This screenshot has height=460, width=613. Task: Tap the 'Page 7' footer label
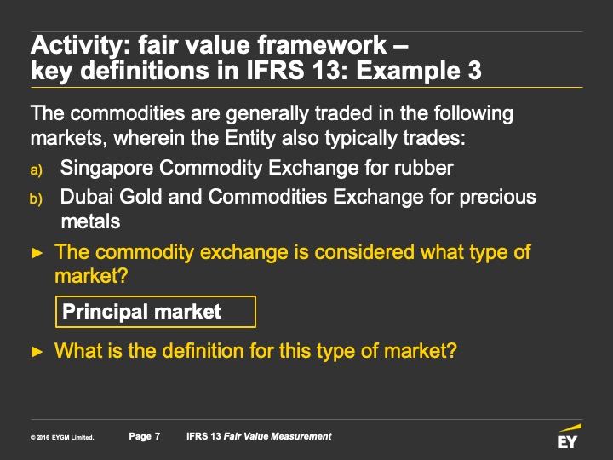pos(144,436)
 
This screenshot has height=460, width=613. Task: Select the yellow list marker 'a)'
pos(36,170)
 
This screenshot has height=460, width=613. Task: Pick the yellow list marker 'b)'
pos(36,198)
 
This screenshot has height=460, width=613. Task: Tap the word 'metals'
pos(91,221)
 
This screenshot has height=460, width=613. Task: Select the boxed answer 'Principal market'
pos(156,312)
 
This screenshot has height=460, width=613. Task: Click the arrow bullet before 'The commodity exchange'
pos(37,253)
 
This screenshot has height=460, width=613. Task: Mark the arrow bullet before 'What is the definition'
pos(37,351)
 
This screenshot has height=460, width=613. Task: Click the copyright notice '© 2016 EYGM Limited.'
pos(62,437)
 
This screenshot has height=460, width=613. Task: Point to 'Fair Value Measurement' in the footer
pos(278,436)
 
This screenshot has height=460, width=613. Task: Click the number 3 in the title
pos(474,71)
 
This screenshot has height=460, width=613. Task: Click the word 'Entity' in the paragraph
pos(250,139)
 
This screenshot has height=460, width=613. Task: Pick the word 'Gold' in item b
pos(140,197)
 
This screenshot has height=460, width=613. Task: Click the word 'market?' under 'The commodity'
pos(91,276)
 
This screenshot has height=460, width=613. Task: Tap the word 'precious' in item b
pos(497,198)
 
